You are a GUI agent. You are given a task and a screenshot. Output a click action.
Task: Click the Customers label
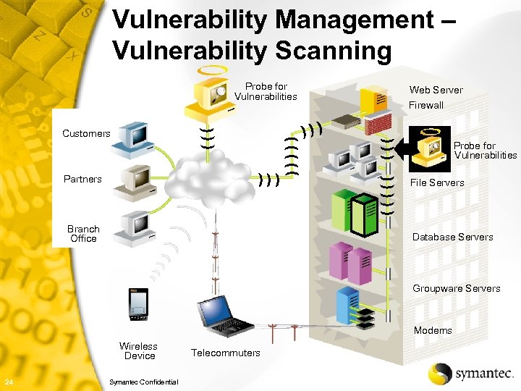pos(86,133)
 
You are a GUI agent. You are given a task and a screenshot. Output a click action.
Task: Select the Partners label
pos(82,179)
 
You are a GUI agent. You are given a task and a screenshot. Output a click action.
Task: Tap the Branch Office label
pos(83,234)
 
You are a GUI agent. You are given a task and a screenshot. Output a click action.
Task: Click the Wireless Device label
pos(139,351)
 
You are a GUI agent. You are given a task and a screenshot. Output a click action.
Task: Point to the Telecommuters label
pos(225,353)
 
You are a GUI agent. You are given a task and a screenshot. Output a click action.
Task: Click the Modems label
pos(433,330)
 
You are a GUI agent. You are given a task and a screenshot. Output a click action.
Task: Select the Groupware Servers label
pos(456,288)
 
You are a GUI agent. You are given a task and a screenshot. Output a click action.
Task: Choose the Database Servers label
pos(452,237)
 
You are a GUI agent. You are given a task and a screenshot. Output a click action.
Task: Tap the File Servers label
pos(437,182)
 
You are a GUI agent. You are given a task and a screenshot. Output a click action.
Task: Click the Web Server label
pos(436,90)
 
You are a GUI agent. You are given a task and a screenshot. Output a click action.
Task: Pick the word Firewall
pos(426,105)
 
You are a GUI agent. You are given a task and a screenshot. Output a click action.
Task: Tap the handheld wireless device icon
pos(137,303)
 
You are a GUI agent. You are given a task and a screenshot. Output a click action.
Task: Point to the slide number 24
pos(8,382)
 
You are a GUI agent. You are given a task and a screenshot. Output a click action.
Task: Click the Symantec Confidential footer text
pos(142,382)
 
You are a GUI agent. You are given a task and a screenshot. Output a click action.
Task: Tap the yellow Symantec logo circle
pos(440,374)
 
